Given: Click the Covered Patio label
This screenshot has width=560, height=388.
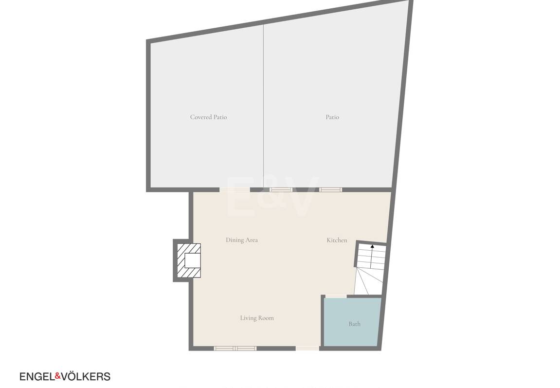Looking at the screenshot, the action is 208,117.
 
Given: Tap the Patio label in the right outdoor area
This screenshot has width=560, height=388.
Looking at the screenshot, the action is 332,117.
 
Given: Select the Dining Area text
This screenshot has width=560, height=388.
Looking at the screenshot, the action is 242,240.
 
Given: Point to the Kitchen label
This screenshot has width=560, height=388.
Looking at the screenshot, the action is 337,240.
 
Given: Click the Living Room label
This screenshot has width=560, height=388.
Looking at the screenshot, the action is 257,318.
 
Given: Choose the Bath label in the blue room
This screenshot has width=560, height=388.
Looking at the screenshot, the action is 354,324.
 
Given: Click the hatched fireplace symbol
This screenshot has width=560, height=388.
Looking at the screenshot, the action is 189,261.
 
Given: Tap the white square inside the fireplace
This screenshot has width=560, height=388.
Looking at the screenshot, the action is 193,260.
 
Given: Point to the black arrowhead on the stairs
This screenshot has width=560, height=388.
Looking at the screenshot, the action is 372,246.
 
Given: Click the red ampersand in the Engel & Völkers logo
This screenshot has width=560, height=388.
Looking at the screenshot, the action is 58,376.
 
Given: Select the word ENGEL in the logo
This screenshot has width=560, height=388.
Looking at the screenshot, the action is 37,377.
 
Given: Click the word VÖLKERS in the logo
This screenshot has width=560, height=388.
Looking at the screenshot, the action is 86,376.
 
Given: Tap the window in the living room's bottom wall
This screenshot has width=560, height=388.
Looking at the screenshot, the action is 235,349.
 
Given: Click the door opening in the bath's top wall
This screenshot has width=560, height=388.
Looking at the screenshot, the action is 336,296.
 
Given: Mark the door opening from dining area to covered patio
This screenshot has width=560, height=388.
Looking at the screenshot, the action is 235,190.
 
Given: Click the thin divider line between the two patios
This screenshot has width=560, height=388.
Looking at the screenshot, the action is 264,106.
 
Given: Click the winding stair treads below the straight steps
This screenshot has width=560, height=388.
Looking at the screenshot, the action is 368,281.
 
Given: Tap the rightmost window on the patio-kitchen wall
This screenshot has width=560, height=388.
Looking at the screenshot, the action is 330,190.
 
